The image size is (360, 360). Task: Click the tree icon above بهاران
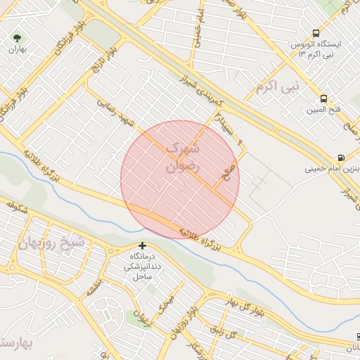(16, 37)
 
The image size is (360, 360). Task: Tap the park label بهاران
(16, 51)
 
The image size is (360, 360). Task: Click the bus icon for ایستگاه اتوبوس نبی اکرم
(316, 32)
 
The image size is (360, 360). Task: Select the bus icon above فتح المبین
(323, 98)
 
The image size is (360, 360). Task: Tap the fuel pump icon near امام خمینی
(341, 157)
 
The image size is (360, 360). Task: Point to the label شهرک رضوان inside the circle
(182, 158)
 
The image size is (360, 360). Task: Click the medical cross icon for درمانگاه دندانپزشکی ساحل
(143, 245)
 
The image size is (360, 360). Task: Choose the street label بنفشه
(94, 285)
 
